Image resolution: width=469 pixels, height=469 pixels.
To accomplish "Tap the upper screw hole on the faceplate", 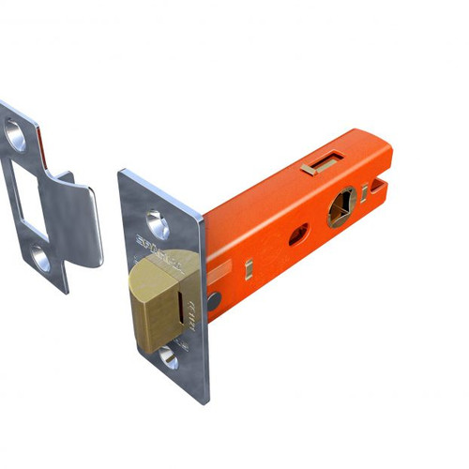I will click(157, 225).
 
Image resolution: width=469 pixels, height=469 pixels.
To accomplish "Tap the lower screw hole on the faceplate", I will click(168, 356).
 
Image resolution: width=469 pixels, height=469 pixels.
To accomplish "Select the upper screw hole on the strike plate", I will click(17, 137).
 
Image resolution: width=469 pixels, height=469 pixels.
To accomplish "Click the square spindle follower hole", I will click(341, 207).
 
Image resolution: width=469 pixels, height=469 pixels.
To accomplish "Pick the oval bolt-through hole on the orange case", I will click(298, 234).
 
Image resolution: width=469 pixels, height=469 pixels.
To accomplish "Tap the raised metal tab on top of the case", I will click(318, 167).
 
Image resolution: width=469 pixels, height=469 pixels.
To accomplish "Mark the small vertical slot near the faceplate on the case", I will click(250, 270).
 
